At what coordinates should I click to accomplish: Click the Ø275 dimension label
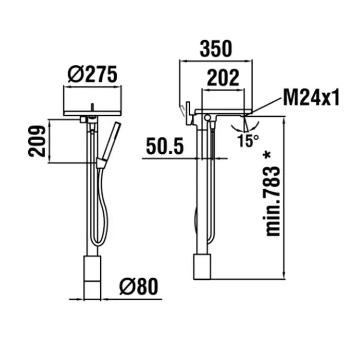click(93, 75)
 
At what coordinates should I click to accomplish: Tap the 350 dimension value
click(216, 49)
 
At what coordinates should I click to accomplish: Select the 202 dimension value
click(223, 78)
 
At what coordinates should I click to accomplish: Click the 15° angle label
click(248, 140)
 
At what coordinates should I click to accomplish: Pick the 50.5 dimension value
click(165, 146)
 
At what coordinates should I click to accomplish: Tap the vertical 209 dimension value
click(37, 141)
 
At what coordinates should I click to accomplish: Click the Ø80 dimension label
click(139, 286)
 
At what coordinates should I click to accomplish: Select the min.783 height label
click(273, 202)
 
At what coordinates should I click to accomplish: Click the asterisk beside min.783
click(267, 155)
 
